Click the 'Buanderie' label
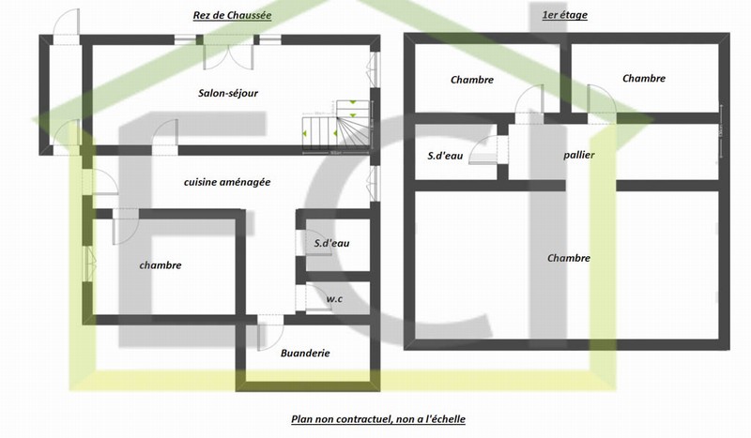pos(305,354)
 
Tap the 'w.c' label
pos(333,299)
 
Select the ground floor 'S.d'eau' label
pos(331,244)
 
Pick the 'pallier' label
pos(579,155)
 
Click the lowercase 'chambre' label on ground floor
pos(160,265)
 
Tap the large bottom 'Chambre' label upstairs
pos(569,258)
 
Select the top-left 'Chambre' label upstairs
pos(471,80)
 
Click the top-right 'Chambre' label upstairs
pos(643,79)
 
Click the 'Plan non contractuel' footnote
pos(377,419)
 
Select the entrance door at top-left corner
pos(66,26)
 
